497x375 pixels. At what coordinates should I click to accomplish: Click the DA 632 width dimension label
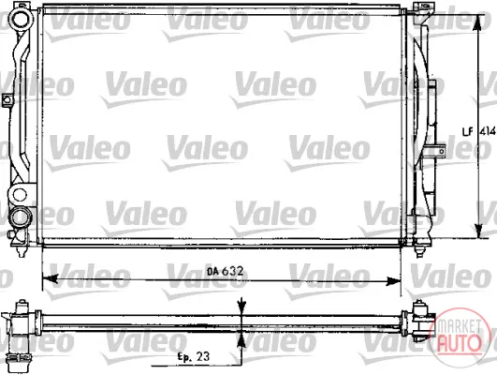coord(225,271)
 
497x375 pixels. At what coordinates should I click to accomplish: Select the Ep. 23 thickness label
coord(193,356)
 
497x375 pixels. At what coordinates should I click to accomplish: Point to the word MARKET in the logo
coord(459,327)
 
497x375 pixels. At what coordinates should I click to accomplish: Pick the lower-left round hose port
coord(21,217)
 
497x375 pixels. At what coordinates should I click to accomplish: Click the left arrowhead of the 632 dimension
coord(50,278)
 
